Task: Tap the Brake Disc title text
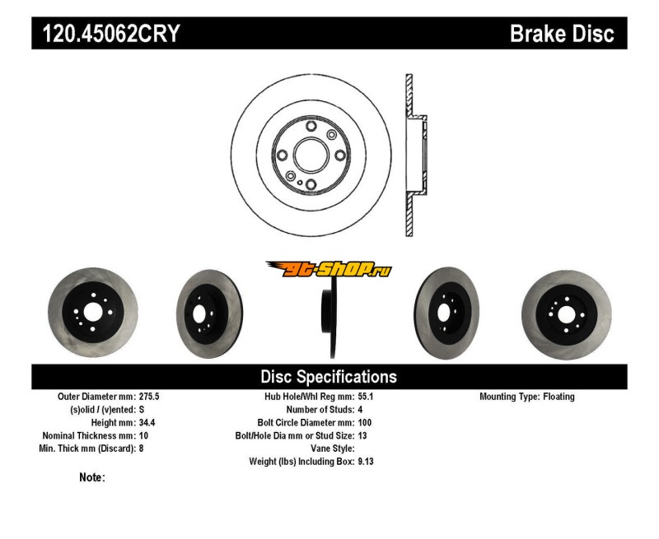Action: click(x=562, y=34)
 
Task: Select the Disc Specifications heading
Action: click(x=329, y=377)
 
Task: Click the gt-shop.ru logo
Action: click(x=329, y=269)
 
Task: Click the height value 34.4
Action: click(x=147, y=423)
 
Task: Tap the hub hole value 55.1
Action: click(x=367, y=397)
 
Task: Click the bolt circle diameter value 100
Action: click(x=365, y=423)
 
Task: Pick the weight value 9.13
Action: click(x=367, y=462)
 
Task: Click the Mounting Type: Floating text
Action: click(x=527, y=397)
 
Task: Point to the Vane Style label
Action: click(x=330, y=449)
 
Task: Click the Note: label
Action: click(x=92, y=477)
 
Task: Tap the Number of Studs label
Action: click(x=320, y=410)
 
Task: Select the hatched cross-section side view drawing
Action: click(x=412, y=155)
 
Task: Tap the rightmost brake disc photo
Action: click(x=566, y=312)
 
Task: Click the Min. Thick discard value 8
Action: click(x=142, y=449)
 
